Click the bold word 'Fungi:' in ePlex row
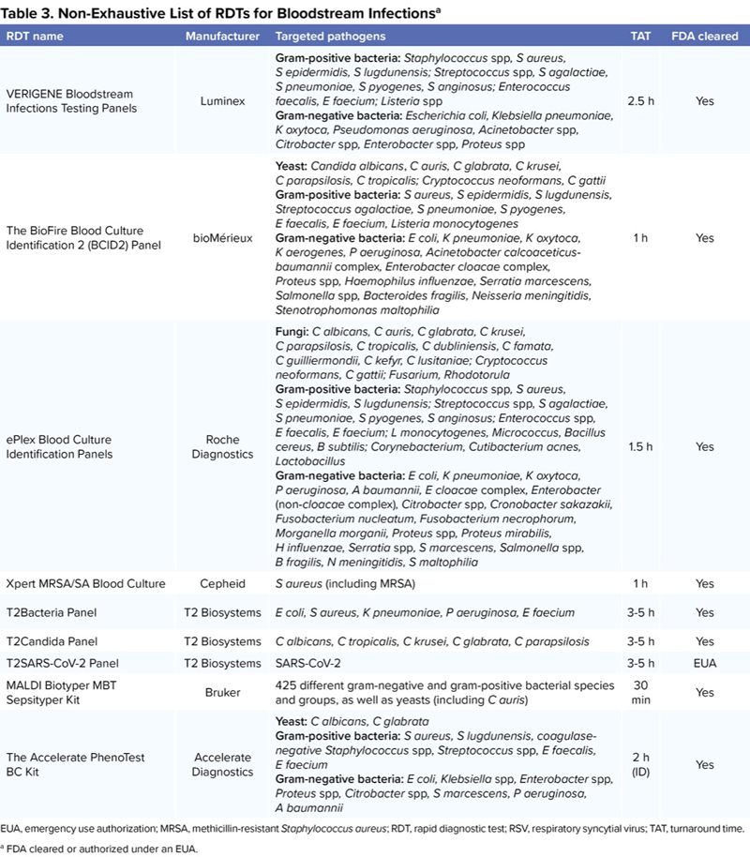[x=293, y=331]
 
